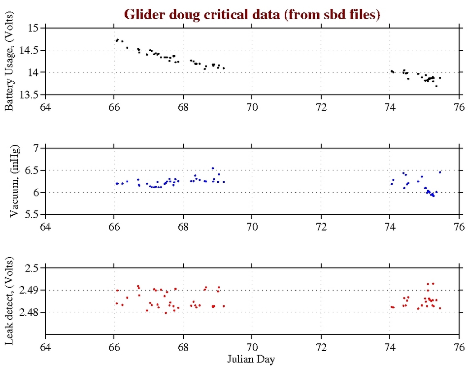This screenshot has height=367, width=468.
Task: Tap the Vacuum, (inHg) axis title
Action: point(13,181)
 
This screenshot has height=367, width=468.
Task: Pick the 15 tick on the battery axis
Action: point(33,28)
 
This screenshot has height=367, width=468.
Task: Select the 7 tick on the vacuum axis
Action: point(36,148)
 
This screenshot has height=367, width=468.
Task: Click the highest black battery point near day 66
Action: point(117,39)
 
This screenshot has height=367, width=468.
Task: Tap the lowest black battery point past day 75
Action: point(436,86)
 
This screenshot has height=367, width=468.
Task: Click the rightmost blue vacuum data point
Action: point(440,172)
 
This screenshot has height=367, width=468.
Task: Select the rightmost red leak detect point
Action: point(440,308)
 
